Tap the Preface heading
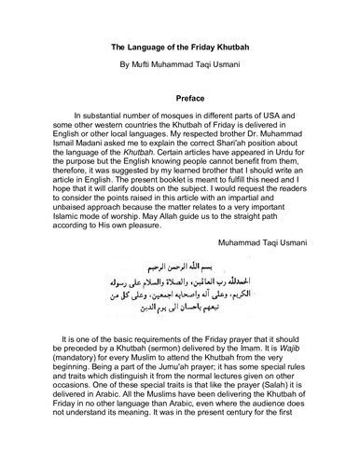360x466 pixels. (180, 94)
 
